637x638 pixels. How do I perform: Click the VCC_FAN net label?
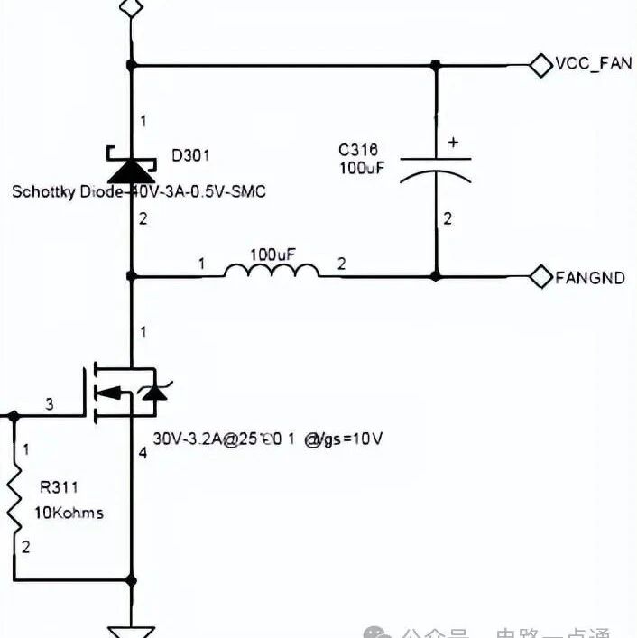593,64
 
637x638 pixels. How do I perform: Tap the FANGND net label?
589,277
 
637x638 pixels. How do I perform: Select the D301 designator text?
190,155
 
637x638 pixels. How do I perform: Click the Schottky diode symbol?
132,166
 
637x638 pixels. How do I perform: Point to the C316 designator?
358,150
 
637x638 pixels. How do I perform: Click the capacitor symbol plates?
436,169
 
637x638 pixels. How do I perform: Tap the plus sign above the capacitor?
453,142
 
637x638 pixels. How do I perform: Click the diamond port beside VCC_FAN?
540,64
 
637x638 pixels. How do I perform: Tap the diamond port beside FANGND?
540,277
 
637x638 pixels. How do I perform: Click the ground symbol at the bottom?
132,628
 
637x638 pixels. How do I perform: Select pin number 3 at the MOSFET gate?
50,404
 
